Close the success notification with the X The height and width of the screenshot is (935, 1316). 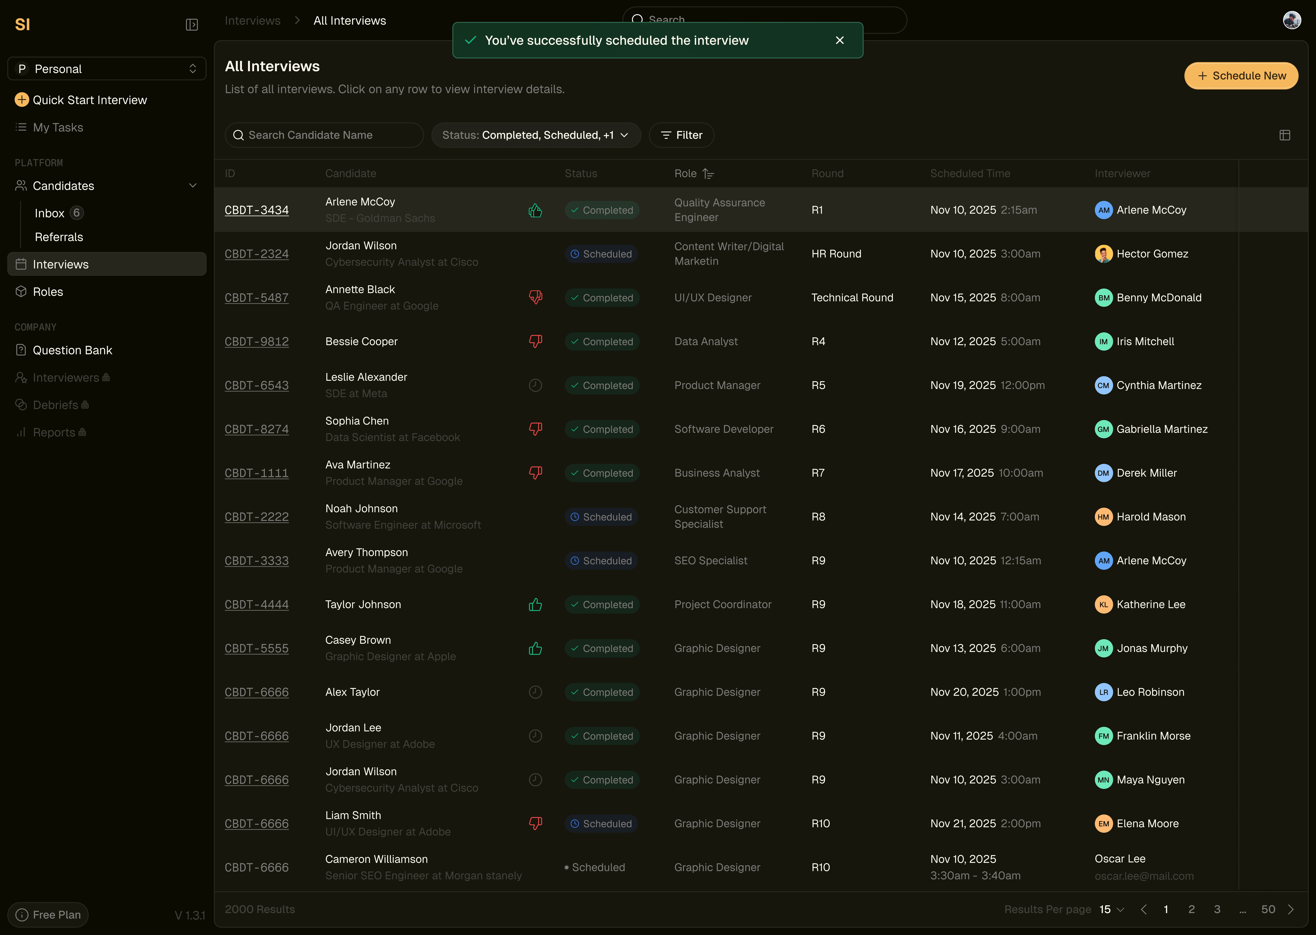tap(840, 40)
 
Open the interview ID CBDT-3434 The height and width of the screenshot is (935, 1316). tap(256, 210)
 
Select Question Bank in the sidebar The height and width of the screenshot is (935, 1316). tap(72, 350)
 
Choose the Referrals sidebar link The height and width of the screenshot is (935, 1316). tap(59, 237)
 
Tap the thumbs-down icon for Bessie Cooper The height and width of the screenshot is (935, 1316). tap(535, 341)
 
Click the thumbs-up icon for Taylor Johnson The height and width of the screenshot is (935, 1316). tap(535, 604)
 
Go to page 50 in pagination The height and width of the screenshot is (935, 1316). tap(1268, 909)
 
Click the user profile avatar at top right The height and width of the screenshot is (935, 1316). tap(1291, 20)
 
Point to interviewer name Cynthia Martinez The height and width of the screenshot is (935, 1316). tap(1159, 385)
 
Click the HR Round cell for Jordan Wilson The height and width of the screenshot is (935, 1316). tap(836, 254)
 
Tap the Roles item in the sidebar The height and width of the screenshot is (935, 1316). tap(48, 292)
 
